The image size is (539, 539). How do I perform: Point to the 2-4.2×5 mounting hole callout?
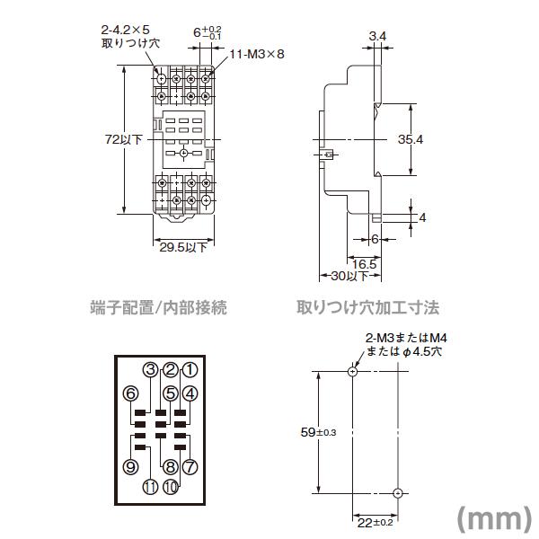pos(126,35)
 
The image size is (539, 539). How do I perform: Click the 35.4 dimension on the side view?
pos(410,139)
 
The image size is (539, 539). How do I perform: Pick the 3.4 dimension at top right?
pos(378,36)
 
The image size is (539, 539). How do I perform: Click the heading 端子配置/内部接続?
pos(159,308)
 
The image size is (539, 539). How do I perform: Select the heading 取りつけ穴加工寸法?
pos(368,308)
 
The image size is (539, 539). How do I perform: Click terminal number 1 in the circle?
pos(190,368)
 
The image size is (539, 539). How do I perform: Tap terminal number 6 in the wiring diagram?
pos(131,393)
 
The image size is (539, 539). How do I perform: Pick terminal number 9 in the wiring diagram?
pos(131,466)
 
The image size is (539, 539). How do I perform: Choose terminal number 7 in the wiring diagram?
pos(190,466)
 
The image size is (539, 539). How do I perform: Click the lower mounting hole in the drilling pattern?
pos(397,492)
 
